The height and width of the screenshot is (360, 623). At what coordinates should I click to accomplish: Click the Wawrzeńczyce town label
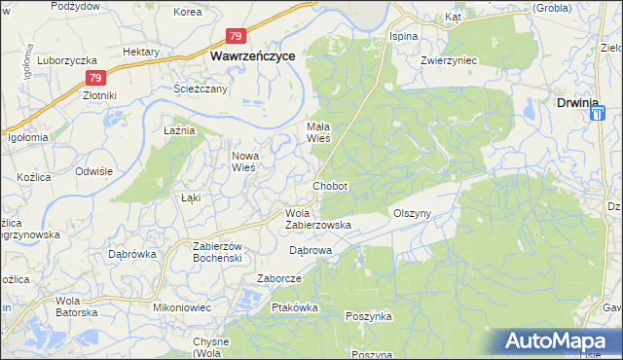point(254,57)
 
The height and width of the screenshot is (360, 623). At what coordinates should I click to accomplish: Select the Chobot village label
point(330,185)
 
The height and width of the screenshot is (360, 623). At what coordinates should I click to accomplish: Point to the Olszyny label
point(412,212)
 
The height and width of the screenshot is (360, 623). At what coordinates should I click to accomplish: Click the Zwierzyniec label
point(448,59)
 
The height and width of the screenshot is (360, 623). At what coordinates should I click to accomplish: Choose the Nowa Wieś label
point(242,161)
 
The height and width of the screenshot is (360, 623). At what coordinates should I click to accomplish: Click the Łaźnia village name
point(180,129)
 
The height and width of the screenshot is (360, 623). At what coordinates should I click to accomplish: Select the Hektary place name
point(141,52)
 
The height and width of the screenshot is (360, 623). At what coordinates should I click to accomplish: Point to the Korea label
point(187,13)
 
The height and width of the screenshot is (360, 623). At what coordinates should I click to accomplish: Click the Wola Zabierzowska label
point(317,219)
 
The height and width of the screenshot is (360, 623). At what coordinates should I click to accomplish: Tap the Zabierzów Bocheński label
point(210,252)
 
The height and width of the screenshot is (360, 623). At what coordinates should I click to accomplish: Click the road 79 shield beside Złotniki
point(94,78)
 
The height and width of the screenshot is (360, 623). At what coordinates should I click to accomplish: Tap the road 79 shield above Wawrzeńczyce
point(236,36)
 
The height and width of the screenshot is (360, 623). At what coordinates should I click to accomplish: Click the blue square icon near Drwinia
point(597,114)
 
